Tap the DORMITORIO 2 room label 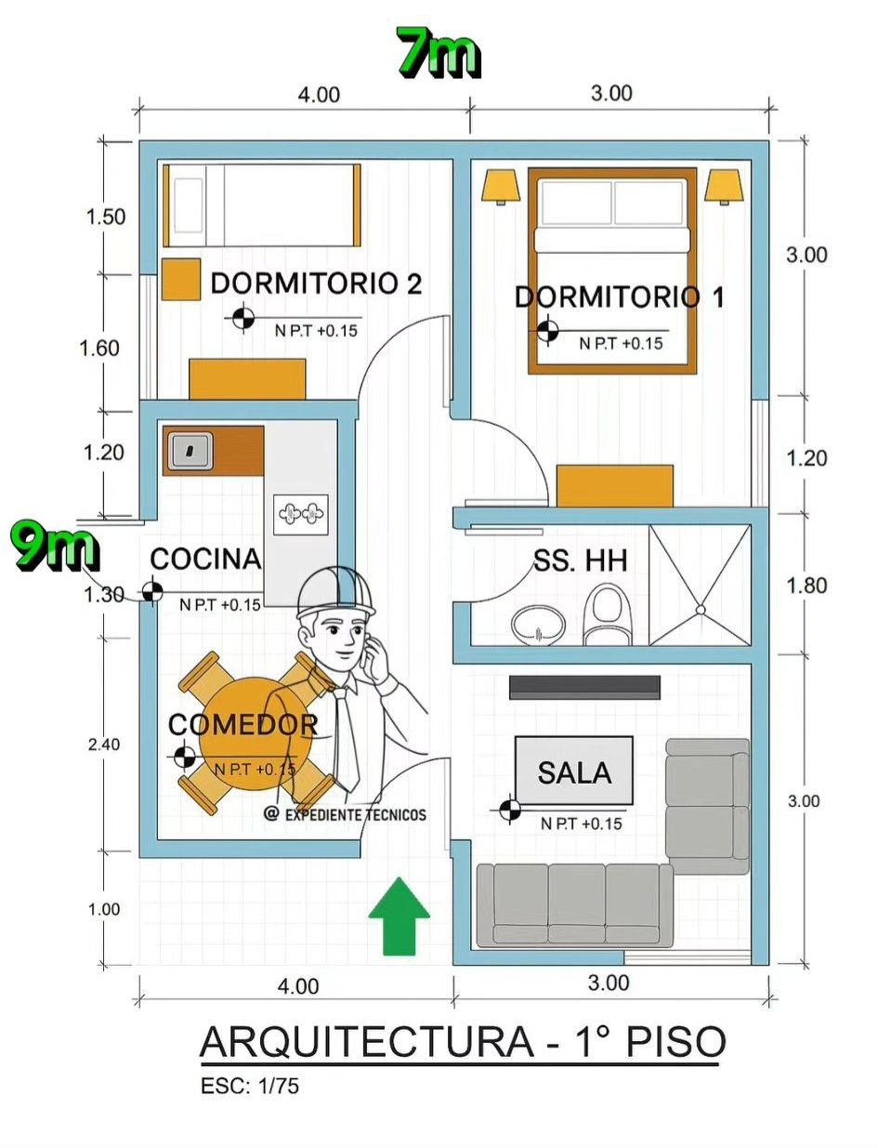tap(316, 284)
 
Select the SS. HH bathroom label tap(580, 561)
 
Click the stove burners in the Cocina tap(300, 514)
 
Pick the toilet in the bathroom tap(606, 614)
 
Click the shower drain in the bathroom tap(701, 610)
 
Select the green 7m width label tap(438, 52)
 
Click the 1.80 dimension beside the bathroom tap(806, 586)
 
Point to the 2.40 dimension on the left tap(104, 744)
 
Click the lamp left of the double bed tap(501, 186)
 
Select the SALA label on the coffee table tap(574, 773)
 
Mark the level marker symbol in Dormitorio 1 tap(547, 331)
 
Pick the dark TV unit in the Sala tap(584, 688)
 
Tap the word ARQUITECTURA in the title tap(366, 1042)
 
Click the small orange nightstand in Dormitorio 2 tap(181, 279)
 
